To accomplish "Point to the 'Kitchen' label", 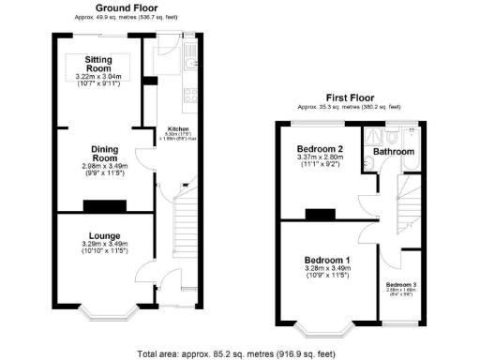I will click(x=178, y=128).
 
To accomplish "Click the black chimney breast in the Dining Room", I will click(x=103, y=206).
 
